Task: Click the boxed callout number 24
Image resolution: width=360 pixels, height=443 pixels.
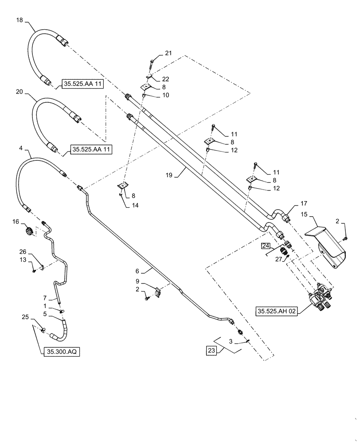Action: click(265, 246)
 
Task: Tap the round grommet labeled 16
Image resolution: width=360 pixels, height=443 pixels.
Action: click(30, 231)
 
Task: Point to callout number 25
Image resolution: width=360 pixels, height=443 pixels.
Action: click(25, 317)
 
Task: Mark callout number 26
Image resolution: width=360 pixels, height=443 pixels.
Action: click(23, 252)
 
